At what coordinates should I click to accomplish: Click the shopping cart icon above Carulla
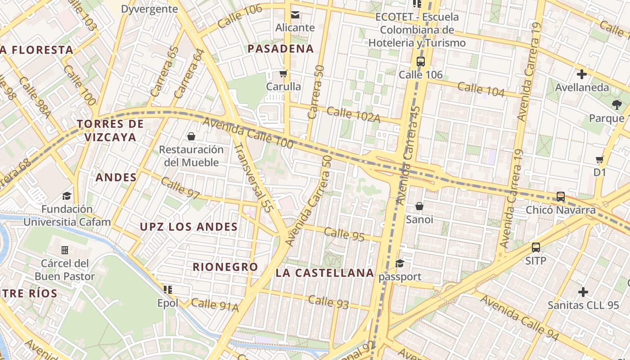click(283, 73)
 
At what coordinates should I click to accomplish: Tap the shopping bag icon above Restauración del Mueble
click(191, 136)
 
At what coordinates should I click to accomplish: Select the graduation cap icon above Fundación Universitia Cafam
click(67, 196)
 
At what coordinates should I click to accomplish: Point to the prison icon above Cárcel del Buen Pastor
click(65, 250)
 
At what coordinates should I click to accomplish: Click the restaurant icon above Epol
click(168, 289)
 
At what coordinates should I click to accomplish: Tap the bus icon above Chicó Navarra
click(561, 196)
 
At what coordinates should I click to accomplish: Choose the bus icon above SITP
click(535, 247)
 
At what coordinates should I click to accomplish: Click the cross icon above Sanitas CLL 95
click(583, 292)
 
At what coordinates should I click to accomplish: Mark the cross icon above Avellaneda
click(582, 74)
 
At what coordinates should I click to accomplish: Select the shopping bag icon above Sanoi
click(419, 206)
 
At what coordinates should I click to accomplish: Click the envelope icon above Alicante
click(295, 14)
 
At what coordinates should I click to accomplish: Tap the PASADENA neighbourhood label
click(281, 49)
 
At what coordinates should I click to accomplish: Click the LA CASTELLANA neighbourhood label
click(325, 273)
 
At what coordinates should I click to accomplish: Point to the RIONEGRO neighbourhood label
click(225, 267)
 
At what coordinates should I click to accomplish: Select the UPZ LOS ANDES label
click(189, 227)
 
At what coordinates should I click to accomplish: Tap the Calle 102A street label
click(354, 114)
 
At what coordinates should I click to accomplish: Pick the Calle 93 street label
click(328, 301)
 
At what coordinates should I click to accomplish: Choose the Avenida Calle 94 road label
click(519, 318)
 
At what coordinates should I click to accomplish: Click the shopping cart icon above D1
click(599, 159)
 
